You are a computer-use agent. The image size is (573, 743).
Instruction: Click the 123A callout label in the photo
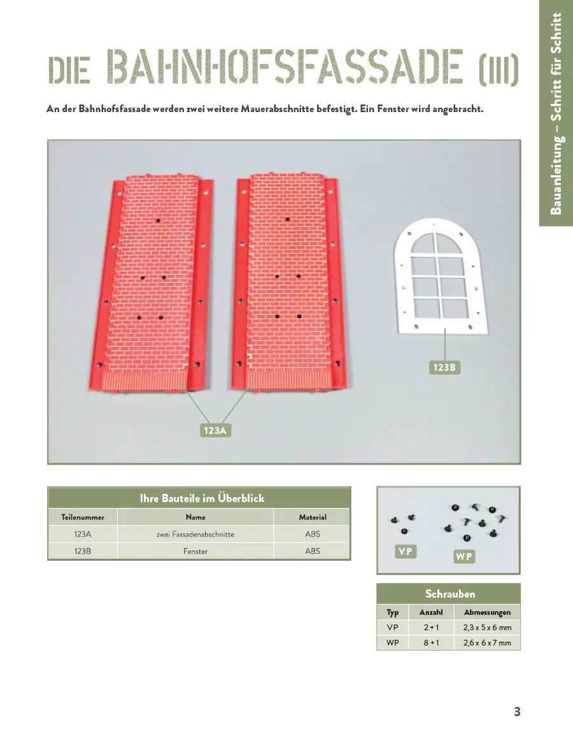tap(215, 431)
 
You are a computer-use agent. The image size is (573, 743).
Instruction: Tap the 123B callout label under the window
tap(443, 368)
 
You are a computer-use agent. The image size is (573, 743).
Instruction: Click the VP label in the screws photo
tap(405, 552)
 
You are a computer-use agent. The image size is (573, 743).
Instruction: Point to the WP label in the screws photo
tap(464, 556)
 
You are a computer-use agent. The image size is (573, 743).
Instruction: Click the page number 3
tap(517, 712)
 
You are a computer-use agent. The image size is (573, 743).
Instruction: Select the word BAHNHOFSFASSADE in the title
tap(285, 68)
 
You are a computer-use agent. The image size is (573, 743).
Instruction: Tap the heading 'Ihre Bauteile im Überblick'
tap(202, 498)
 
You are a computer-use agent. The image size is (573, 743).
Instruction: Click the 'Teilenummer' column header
tap(83, 517)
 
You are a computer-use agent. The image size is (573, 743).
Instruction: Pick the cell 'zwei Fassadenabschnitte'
tap(195, 534)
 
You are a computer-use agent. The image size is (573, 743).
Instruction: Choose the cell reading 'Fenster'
tap(195, 551)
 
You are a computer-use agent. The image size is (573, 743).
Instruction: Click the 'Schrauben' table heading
tap(450, 594)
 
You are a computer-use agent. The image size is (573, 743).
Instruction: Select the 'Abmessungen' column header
tap(487, 612)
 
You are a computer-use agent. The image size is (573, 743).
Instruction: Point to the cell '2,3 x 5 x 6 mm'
tap(487, 628)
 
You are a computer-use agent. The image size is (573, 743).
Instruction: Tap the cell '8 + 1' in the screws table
tap(431, 643)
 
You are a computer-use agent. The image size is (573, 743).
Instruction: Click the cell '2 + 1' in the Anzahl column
tap(431, 628)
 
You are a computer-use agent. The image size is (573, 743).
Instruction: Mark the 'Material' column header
tap(313, 517)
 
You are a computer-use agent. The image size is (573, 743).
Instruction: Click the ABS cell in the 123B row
tap(313, 551)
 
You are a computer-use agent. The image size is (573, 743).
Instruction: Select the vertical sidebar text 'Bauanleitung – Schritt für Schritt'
tap(556, 113)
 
